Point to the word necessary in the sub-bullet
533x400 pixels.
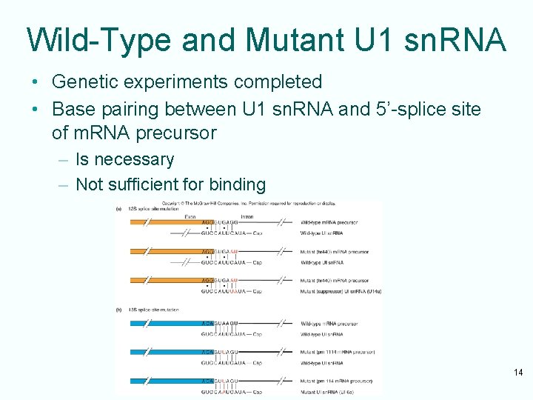pos(134,159)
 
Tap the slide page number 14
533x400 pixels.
pos(518,373)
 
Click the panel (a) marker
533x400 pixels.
pos(118,209)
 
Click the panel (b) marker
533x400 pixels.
pos(118,309)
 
